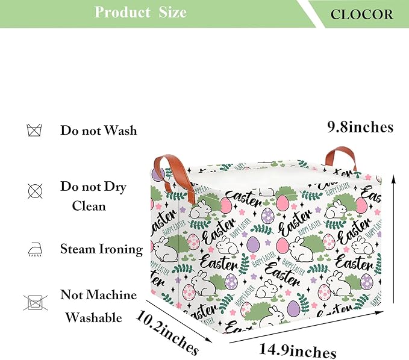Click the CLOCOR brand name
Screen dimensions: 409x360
(361, 14)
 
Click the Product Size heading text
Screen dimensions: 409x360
(140, 12)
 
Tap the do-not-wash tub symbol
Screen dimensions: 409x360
(34, 130)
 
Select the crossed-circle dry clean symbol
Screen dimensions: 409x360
(35, 191)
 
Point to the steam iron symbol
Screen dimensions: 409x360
(35, 249)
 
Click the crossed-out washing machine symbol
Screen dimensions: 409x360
(35, 303)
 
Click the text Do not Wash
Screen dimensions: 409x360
(99, 130)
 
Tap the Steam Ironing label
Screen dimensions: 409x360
(101, 249)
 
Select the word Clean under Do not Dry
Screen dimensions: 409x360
(89, 206)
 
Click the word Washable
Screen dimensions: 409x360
(93, 317)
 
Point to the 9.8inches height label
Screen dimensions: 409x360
(360, 127)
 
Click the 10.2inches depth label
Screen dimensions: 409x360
(167, 332)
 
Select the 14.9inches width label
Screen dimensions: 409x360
(298, 351)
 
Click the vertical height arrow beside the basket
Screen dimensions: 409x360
(393, 239)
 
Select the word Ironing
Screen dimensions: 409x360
(120, 249)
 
